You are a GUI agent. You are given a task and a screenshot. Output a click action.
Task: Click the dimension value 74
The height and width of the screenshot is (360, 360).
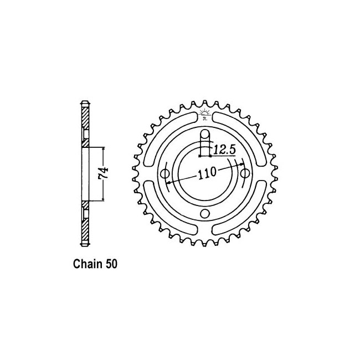pos(104,174)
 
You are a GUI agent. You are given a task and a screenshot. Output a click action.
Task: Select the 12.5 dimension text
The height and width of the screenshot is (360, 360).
pos(224,150)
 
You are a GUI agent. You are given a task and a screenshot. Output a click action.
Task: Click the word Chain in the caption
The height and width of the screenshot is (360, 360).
pos(88,264)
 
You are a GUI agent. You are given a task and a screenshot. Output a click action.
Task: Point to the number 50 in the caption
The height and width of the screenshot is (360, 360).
pos(111,264)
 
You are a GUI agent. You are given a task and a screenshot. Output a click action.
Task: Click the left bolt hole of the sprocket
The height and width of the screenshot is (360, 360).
pos(165,173)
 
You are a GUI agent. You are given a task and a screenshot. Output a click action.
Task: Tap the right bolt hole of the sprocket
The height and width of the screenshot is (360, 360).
pos(245,173)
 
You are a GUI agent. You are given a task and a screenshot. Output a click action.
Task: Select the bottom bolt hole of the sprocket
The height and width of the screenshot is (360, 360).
pos(205,213)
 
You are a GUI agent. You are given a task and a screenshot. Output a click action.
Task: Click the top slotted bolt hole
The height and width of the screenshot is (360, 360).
pos(205,143)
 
